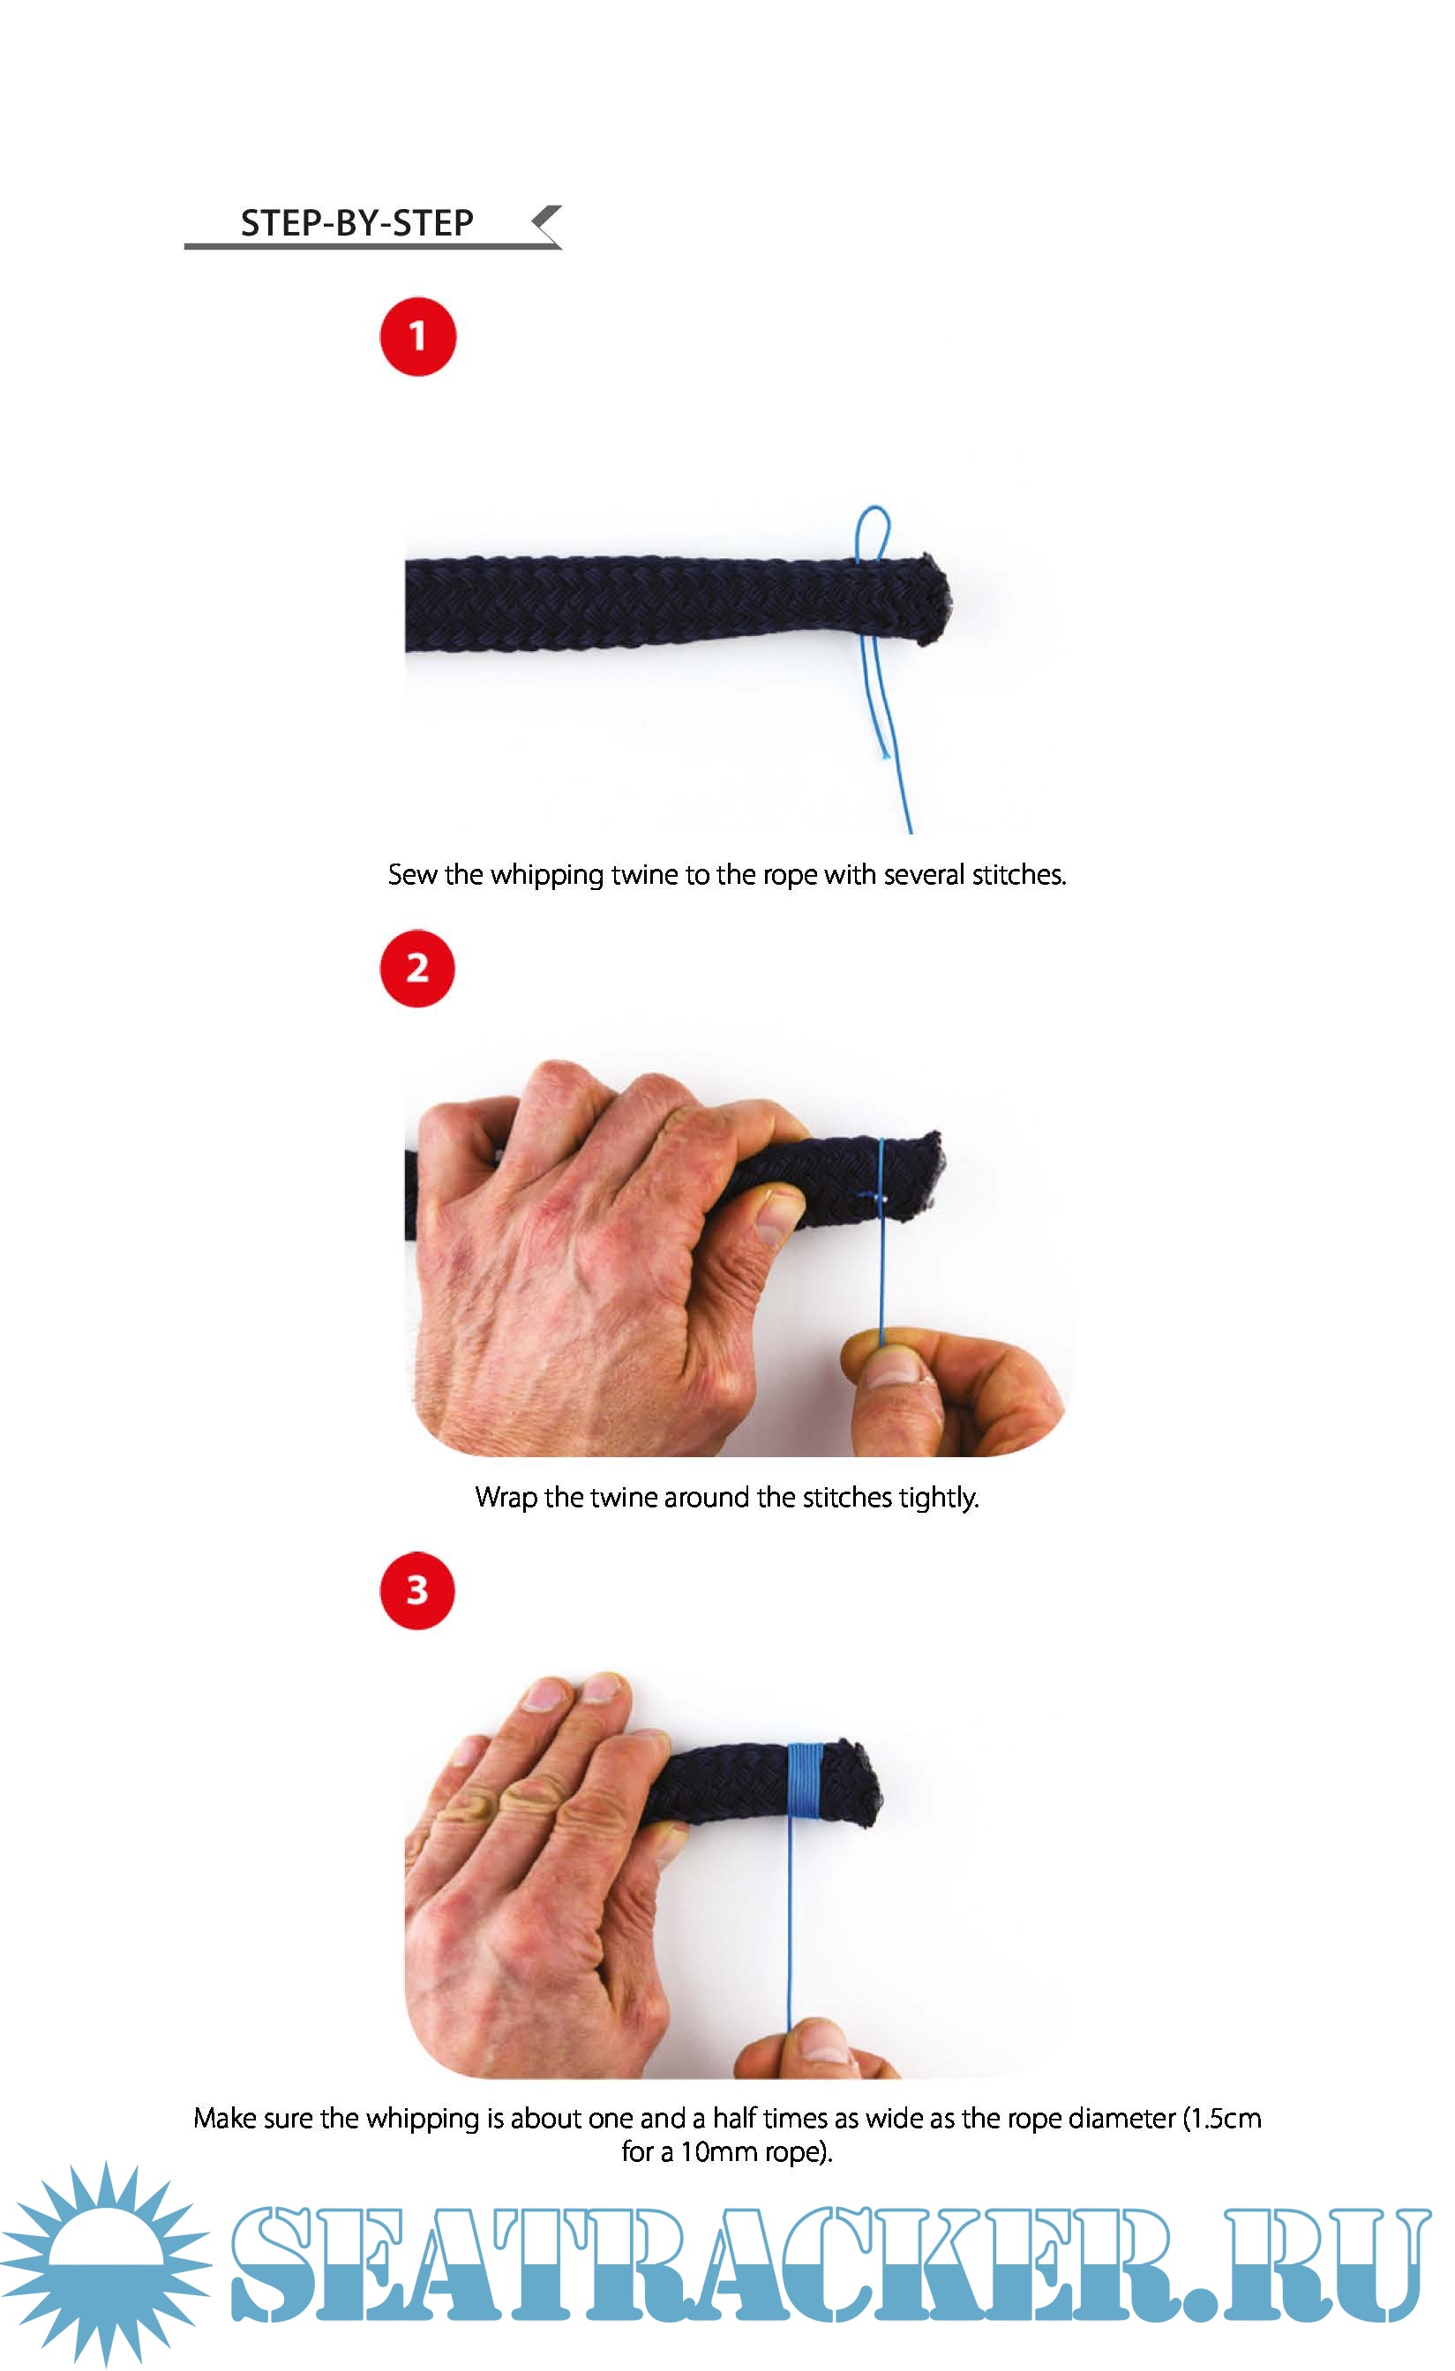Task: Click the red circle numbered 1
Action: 417,336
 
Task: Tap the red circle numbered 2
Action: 417,968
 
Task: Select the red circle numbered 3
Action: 417,1590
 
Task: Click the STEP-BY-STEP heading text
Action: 357,223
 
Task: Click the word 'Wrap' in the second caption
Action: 506,1497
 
